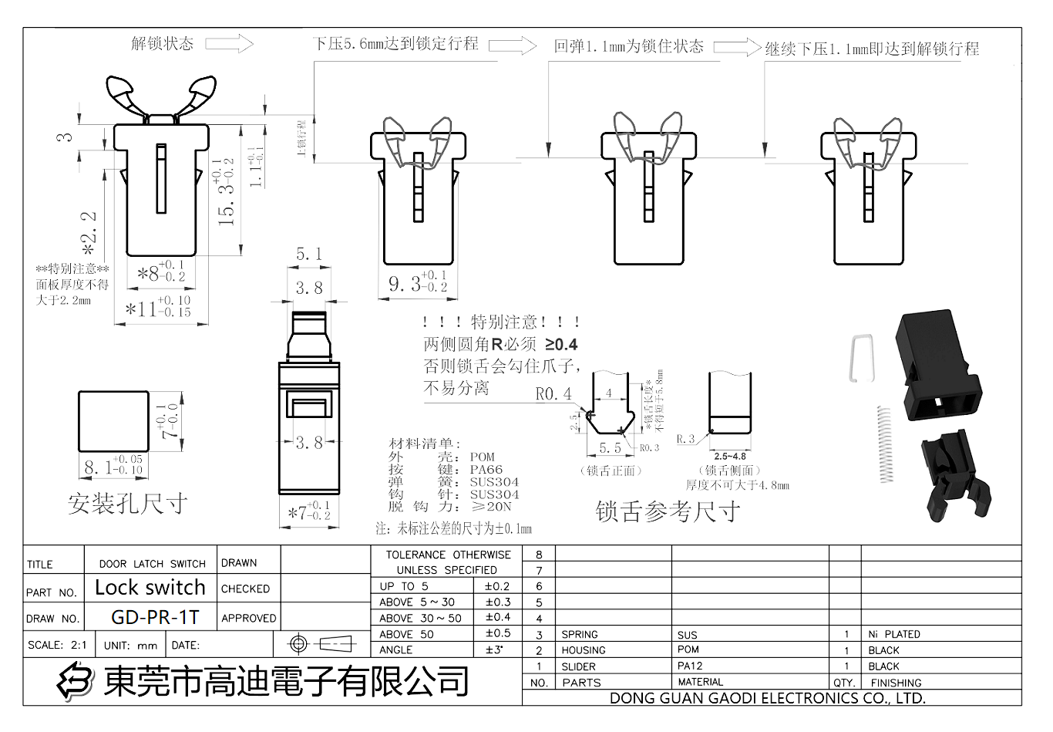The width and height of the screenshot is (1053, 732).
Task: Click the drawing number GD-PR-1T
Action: pos(155,617)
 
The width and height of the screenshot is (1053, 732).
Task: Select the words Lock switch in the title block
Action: pos(150,588)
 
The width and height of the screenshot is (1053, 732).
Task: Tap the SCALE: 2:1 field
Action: pos(57,645)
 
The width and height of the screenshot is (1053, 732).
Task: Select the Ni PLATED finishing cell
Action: pos(893,634)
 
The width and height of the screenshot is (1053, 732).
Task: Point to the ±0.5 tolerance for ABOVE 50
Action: pos(497,633)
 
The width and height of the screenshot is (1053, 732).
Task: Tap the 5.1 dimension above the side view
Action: pos(309,254)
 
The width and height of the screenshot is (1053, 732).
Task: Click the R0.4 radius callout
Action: pos(553,394)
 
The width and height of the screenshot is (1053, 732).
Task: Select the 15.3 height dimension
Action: pos(226,193)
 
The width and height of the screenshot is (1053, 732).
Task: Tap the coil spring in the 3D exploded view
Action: pos(884,444)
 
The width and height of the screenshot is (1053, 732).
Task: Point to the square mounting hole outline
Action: pos(113,421)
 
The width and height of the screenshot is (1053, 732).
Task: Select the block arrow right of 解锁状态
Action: pos(230,43)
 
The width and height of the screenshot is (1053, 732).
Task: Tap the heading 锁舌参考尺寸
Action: pos(668,511)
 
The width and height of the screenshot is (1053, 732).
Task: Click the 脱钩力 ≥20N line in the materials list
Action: pos(449,507)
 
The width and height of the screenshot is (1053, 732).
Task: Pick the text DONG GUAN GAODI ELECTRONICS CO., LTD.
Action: pos(767,698)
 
